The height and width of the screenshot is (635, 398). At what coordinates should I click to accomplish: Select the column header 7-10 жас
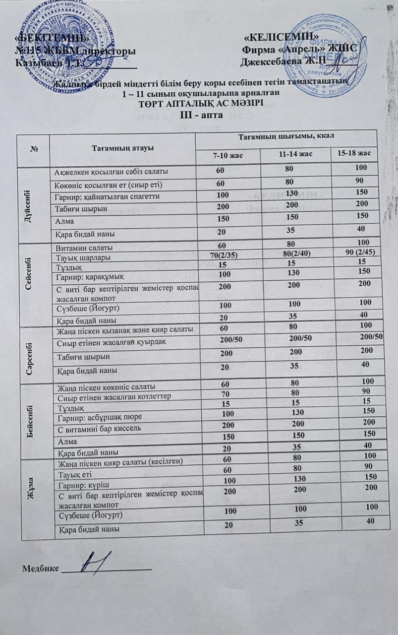coord(228,156)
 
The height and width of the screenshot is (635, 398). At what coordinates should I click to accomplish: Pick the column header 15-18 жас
coord(354,153)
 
